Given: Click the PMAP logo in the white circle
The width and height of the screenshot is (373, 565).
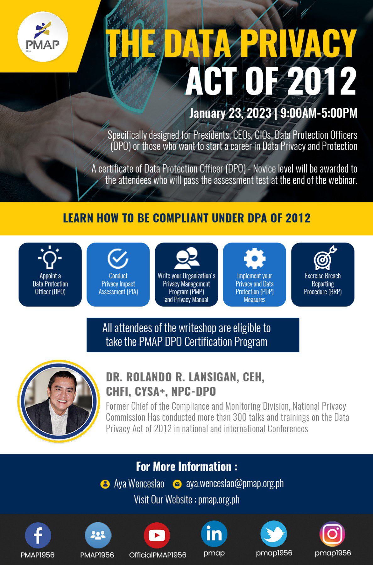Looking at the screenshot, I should click(x=42, y=37).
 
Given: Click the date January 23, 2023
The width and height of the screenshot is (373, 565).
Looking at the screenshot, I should click(x=230, y=113).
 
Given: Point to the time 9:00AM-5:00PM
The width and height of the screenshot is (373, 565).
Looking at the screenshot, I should click(x=319, y=113).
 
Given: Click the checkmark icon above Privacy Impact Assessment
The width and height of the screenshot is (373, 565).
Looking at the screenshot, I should click(x=118, y=258).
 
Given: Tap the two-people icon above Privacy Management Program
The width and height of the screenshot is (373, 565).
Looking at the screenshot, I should click(x=187, y=258).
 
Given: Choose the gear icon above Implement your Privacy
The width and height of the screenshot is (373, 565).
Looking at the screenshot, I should click(x=255, y=258).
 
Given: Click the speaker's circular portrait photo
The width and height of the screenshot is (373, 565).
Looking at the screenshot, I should click(x=59, y=401).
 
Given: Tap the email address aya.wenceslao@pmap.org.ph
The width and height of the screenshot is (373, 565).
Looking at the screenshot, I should click(x=235, y=483).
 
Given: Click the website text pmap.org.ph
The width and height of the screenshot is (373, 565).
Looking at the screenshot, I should click(x=219, y=499).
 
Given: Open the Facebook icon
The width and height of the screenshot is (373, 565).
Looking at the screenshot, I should click(x=38, y=535).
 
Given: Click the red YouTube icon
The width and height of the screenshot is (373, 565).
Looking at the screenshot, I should click(x=157, y=535).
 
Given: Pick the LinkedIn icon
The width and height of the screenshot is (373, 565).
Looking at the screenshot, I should click(x=214, y=534).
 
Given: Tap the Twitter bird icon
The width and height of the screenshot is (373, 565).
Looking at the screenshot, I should click(x=274, y=534).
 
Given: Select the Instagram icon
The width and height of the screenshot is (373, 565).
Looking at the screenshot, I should click(x=332, y=534).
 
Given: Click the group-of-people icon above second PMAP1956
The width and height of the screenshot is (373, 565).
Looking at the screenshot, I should click(x=98, y=535).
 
